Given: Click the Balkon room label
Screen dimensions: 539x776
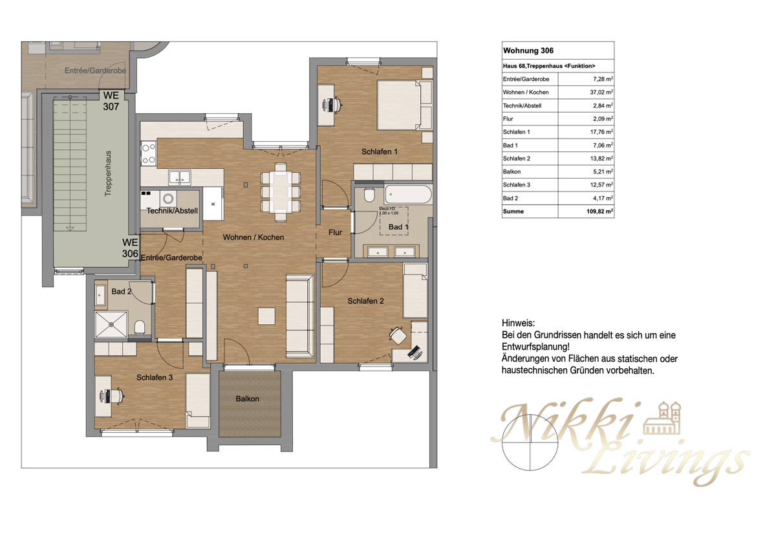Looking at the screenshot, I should point(247,399).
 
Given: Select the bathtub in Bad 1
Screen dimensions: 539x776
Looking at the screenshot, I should point(407,195).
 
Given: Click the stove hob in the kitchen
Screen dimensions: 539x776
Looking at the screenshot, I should point(148,153).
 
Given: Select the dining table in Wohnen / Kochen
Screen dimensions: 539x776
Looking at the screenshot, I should point(281,192).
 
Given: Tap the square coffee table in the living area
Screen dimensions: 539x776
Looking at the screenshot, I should point(266,316).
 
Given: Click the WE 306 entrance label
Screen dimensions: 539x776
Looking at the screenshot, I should point(130,248).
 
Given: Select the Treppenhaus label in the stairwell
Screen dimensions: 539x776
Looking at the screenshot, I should point(109,175).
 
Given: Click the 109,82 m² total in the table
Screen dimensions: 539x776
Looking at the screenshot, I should point(599,211).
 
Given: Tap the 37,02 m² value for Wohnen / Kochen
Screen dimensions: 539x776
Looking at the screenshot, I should point(600,93).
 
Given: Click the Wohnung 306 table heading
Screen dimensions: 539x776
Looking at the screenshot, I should point(528,50).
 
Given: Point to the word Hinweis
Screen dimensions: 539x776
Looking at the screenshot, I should point(518,322).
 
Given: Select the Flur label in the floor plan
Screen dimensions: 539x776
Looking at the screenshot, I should point(335,232).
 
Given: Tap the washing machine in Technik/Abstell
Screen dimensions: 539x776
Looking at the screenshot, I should point(169,199).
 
